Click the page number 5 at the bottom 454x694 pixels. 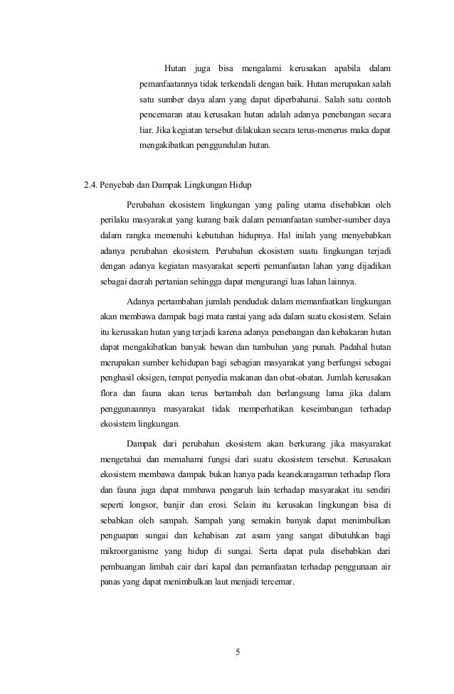click(x=238, y=649)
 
